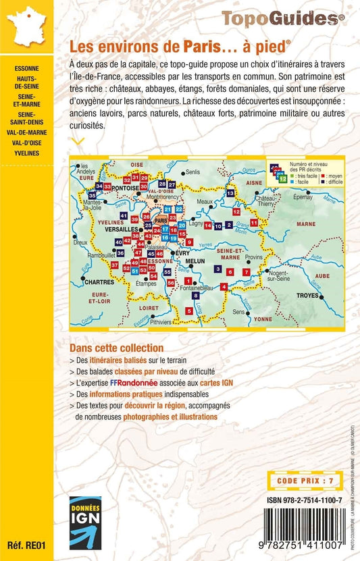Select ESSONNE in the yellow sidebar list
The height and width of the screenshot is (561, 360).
[26, 69]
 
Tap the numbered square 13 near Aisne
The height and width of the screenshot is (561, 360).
[230, 193]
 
